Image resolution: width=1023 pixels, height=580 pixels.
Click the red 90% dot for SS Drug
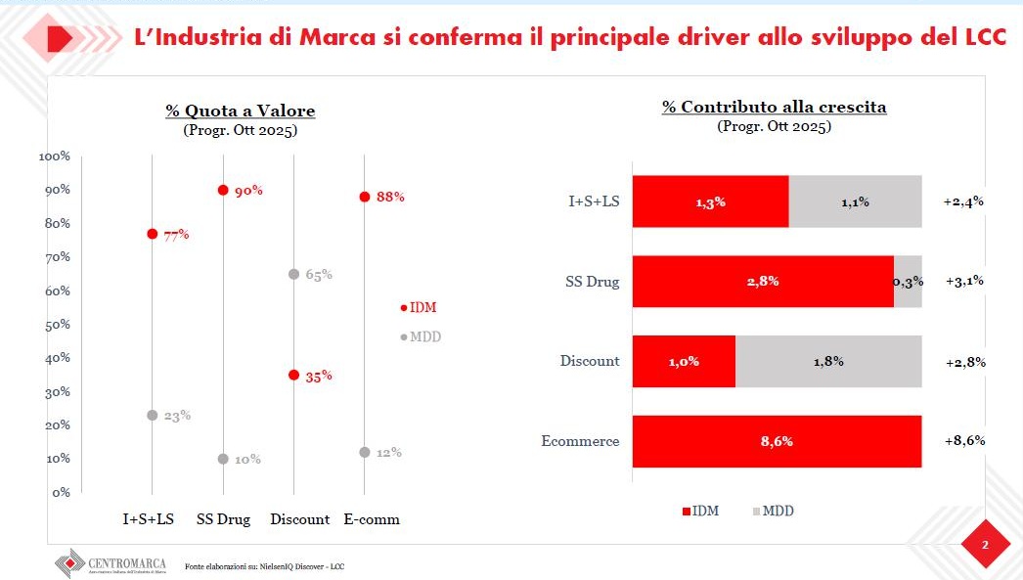pyautogui.click(x=223, y=190)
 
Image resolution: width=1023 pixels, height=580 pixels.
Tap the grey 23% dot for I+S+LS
pyautogui.click(x=152, y=415)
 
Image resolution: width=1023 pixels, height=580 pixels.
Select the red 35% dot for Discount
pyautogui.click(x=293, y=375)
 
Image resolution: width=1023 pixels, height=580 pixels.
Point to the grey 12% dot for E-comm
pyautogui.click(x=364, y=452)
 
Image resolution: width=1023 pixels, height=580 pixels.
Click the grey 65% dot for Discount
pyautogui.click(x=293, y=274)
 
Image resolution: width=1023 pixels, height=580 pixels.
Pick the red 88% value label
pyautogui.click(x=390, y=197)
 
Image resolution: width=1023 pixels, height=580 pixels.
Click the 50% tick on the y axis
pyautogui.click(x=54, y=324)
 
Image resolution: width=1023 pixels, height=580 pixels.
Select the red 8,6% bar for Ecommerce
pyautogui.click(x=777, y=441)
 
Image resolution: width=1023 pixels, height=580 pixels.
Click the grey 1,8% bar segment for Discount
pyautogui.click(x=827, y=361)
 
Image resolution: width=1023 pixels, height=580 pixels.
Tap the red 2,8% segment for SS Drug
pyautogui.click(x=762, y=282)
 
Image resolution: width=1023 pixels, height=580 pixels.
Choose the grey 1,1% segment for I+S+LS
pyautogui.click(x=855, y=202)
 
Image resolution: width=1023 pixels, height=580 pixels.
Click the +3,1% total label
pyautogui.click(x=964, y=282)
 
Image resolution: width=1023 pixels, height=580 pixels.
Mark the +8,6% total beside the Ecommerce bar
pyautogui.click(x=964, y=441)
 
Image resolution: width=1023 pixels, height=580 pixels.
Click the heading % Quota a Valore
pyautogui.click(x=240, y=111)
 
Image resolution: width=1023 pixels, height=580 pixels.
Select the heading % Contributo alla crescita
pyautogui.click(x=774, y=107)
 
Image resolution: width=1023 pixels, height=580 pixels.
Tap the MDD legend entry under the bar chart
pyautogui.click(x=772, y=511)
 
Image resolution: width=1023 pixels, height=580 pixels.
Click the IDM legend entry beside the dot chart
pyautogui.click(x=419, y=307)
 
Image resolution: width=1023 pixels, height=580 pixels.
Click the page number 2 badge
pyautogui.click(x=985, y=545)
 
